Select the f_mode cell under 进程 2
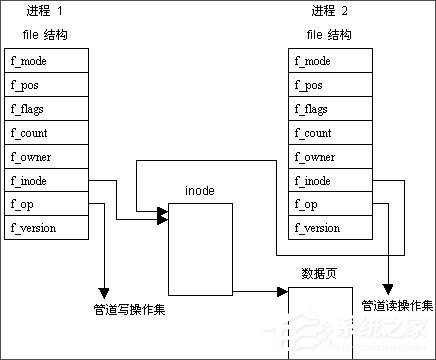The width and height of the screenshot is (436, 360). pyautogui.click(x=331, y=60)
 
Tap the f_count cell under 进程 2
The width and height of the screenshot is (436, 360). pyautogui.click(x=331, y=132)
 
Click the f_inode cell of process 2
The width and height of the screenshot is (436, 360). pyautogui.click(x=331, y=180)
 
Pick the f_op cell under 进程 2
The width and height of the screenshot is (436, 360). pyautogui.click(x=331, y=204)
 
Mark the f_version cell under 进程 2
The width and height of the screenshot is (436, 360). pyautogui.click(x=331, y=228)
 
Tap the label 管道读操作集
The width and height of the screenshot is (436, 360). pyautogui.click(x=397, y=305)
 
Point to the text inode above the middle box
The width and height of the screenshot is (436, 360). pyautogui.click(x=199, y=190)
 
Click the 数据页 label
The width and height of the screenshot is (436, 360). pyautogui.click(x=317, y=273)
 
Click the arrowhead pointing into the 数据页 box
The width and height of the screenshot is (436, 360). pyautogui.click(x=283, y=293)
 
